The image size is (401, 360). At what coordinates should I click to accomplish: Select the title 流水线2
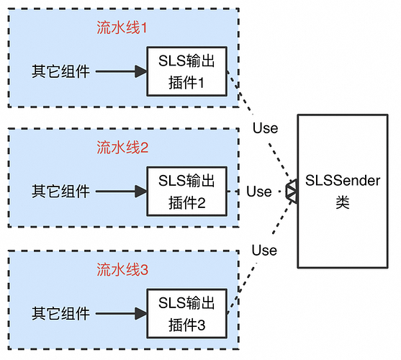[122, 148]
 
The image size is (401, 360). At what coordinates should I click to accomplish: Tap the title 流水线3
[122, 270]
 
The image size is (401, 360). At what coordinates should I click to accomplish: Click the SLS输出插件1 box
[186, 71]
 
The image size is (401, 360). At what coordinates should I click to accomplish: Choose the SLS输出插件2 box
[186, 192]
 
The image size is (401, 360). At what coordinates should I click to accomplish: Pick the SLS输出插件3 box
[186, 313]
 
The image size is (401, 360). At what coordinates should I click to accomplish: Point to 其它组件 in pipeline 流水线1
[60, 72]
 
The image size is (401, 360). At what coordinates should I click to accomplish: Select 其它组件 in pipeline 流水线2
[60, 192]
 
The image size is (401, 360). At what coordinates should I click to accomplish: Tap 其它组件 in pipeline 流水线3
[60, 314]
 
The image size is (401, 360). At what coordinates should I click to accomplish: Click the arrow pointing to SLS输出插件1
[120, 72]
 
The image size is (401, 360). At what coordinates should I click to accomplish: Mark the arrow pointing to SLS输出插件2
[120, 192]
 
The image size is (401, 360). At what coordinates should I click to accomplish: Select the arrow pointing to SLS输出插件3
[120, 314]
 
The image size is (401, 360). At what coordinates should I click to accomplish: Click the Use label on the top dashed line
[264, 128]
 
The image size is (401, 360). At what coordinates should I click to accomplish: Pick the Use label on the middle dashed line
[259, 192]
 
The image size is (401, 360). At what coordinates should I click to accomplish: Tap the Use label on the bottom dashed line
[264, 251]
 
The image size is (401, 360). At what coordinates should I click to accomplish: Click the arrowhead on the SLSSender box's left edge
[292, 192]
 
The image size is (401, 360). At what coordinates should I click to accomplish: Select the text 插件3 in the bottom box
[186, 325]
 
